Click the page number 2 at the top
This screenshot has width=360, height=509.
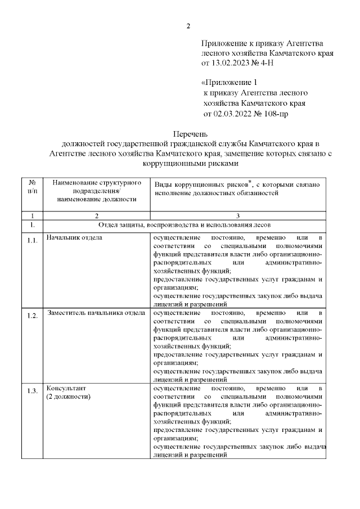188,26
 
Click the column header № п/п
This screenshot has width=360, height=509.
33,187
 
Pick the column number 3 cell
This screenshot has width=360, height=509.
238,215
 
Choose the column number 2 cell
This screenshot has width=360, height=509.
96,215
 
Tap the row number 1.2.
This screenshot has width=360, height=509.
33,316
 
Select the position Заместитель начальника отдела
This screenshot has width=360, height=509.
96,312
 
